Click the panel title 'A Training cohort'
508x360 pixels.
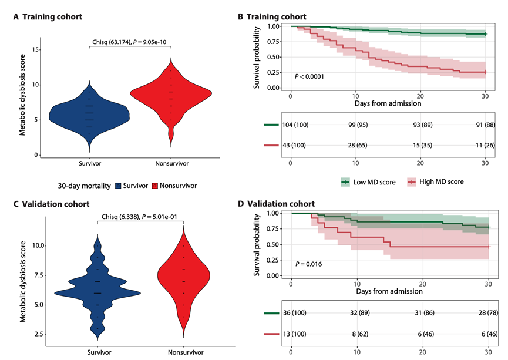click(x=49, y=17)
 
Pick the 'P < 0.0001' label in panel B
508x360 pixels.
click(x=309, y=76)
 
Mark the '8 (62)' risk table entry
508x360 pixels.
click(x=356, y=332)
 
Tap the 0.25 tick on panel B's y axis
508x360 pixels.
click(x=273, y=72)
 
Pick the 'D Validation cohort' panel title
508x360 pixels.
click(x=280, y=204)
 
